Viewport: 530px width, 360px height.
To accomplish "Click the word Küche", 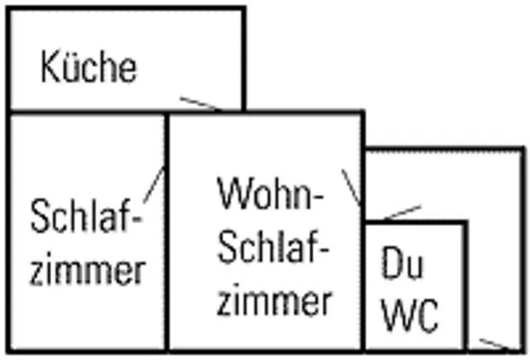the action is pyautogui.click(x=89, y=66).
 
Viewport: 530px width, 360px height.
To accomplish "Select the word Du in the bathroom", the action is pyautogui.click(x=402, y=262).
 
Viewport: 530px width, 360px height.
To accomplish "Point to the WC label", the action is pyautogui.click(x=411, y=314).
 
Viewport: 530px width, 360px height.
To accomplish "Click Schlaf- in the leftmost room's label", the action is pyautogui.click(x=86, y=216).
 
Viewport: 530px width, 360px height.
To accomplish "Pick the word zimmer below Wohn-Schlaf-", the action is pyautogui.click(x=274, y=300).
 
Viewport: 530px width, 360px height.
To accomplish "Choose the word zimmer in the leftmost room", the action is pyautogui.click(x=88, y=268).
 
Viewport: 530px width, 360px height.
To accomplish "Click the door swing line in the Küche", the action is pyautogui.click(x=200, y=103).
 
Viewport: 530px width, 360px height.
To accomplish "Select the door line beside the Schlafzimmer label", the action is pyautogui.click(x=154, y=185).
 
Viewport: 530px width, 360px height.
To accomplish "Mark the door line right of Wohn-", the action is pyautogui.click(x=351, y=187).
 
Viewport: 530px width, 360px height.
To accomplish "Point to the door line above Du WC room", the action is pyautogui.click(x=402, y=213).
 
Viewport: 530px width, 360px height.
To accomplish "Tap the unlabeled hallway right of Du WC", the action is pyautogui.click(x=495, y=250).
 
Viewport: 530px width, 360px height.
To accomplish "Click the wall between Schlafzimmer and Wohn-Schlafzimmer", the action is pyautogui.click(x=166, y=232).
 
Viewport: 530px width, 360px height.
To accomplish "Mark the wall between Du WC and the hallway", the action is pyautogui.click(x=465, y=286).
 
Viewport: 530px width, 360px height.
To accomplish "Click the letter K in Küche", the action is pyautogui.click(x=48, y=67).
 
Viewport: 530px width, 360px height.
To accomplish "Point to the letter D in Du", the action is pyautogui.click(x=391, y=262).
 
